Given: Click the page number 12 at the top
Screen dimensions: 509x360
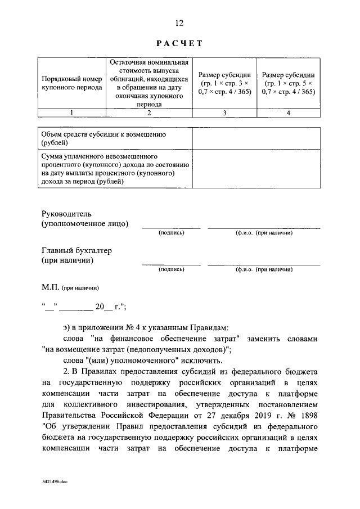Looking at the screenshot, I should (179, 23).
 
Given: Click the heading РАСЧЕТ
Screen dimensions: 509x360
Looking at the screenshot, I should (179, 43).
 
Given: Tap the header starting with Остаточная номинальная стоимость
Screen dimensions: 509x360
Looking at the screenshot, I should (148, 83).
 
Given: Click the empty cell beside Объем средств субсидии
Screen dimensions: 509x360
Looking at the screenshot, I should (256, 138).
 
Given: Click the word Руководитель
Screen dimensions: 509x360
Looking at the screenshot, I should (66, 214).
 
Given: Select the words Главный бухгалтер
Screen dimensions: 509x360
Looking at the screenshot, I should (76, 250).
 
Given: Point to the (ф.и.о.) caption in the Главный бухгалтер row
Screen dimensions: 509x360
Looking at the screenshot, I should (264, 269).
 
